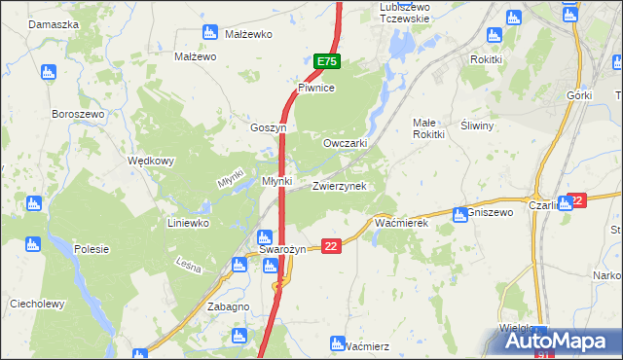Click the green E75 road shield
327,61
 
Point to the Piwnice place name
316,88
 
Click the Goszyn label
268,127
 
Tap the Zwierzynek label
339,186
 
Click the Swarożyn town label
282,250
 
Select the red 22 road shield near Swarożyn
332,247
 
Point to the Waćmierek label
402,223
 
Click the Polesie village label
92,249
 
